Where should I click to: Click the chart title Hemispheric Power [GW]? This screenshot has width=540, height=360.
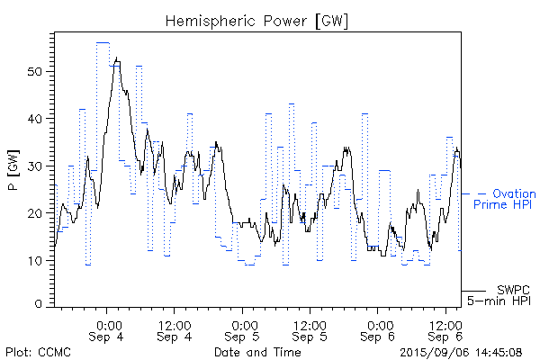coord(256,20)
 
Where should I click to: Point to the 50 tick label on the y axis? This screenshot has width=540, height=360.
coord(36,71)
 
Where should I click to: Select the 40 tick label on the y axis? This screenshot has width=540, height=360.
coord(36,119)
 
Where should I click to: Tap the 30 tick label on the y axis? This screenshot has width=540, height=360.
coord(36,166)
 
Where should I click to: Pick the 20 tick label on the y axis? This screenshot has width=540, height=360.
coord(36,213)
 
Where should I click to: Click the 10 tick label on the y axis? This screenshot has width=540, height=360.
coord(36,260)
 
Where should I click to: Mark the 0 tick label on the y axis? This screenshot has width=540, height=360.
coord(40,305)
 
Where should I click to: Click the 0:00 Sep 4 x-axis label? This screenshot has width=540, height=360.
coord(108,329)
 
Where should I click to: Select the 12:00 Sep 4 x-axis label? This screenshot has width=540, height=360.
coord(174,329)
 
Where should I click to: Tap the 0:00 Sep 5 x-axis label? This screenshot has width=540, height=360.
coord(244,329)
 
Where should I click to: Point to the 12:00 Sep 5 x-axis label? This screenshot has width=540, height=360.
coord(310,329)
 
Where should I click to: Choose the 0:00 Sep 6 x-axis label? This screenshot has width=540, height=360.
coord(379,329)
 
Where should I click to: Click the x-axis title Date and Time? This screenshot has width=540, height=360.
coord(257,352)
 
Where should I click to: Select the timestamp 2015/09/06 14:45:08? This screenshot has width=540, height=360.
coord(462,352)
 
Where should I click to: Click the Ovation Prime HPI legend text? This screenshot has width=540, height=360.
coord(505,199)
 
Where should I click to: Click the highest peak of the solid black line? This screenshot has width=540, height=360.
coord(118,58)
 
